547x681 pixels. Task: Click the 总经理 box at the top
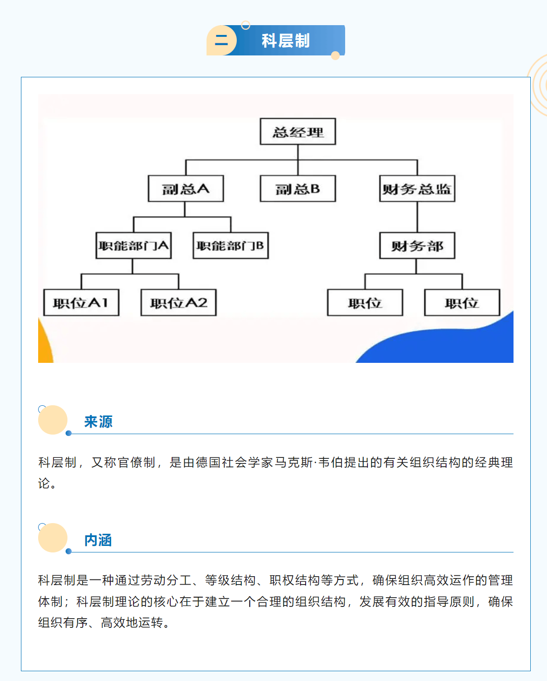298,131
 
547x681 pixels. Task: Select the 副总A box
186,189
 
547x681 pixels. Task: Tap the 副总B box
298,189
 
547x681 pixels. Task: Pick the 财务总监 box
417,189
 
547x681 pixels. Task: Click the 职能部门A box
133,245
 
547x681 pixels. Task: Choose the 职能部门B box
231,245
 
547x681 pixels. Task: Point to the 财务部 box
417,245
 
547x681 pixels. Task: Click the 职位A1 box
81,302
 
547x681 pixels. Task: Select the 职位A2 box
179,302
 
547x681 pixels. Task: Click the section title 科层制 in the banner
286,41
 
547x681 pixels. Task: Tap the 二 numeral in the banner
221,40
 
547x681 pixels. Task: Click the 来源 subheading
98,422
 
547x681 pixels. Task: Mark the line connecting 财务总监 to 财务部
417,217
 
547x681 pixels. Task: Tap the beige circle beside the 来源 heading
53,420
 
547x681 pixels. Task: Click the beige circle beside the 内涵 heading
53,538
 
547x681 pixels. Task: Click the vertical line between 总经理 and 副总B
298,160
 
